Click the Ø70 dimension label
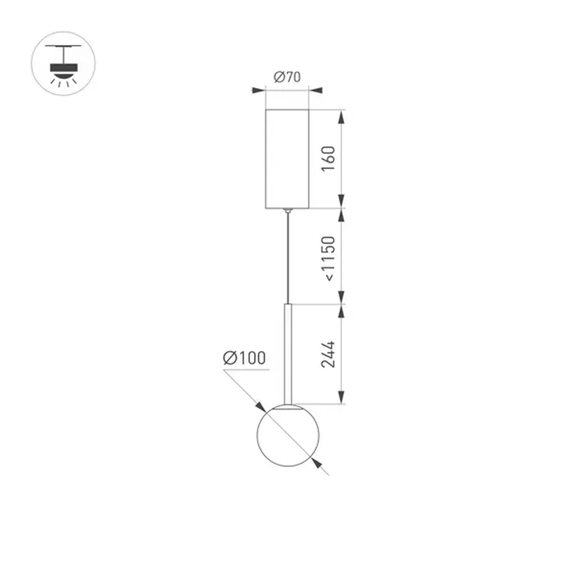point(287,77)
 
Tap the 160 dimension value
point(329,159)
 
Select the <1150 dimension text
point(329,258)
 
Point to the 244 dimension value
point(328,355)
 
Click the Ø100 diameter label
point(244,358)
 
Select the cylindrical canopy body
point(287,159)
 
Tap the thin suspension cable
point(287,258)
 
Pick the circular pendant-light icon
point(63,64)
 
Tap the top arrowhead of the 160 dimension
point(341,117)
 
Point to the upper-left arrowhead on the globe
point(261,407)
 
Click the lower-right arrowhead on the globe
point(316,463)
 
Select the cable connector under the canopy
point(287,210)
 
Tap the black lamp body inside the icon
point(64,67)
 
